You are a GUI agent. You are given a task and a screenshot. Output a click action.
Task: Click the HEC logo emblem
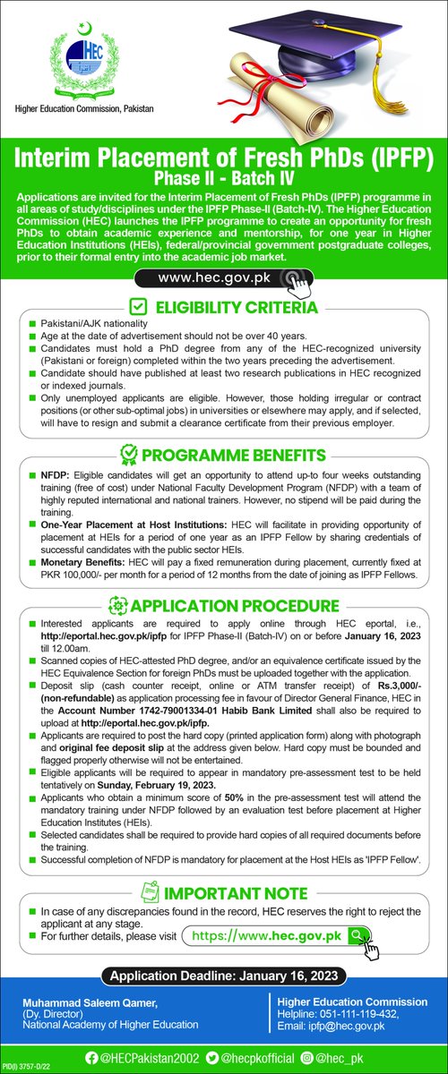coord(83,55)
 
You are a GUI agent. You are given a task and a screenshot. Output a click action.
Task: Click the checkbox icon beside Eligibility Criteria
coord(140,309)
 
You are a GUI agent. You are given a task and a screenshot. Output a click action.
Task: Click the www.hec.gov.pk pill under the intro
coord(225,278)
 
